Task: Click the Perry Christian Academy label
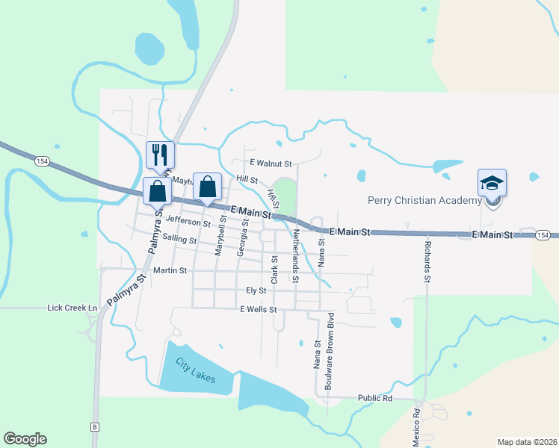point(424,200)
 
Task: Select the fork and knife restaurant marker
point(160,155)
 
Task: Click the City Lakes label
point(196,371)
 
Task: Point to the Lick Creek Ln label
point(72,308)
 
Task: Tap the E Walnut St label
point(271,162)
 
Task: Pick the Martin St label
point(169,270)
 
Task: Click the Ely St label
point(256,290)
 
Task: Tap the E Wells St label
point(258,309)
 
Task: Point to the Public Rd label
point(375,399)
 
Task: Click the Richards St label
point(427,261)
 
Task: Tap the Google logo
point(25,439)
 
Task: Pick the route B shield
point(95,427)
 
